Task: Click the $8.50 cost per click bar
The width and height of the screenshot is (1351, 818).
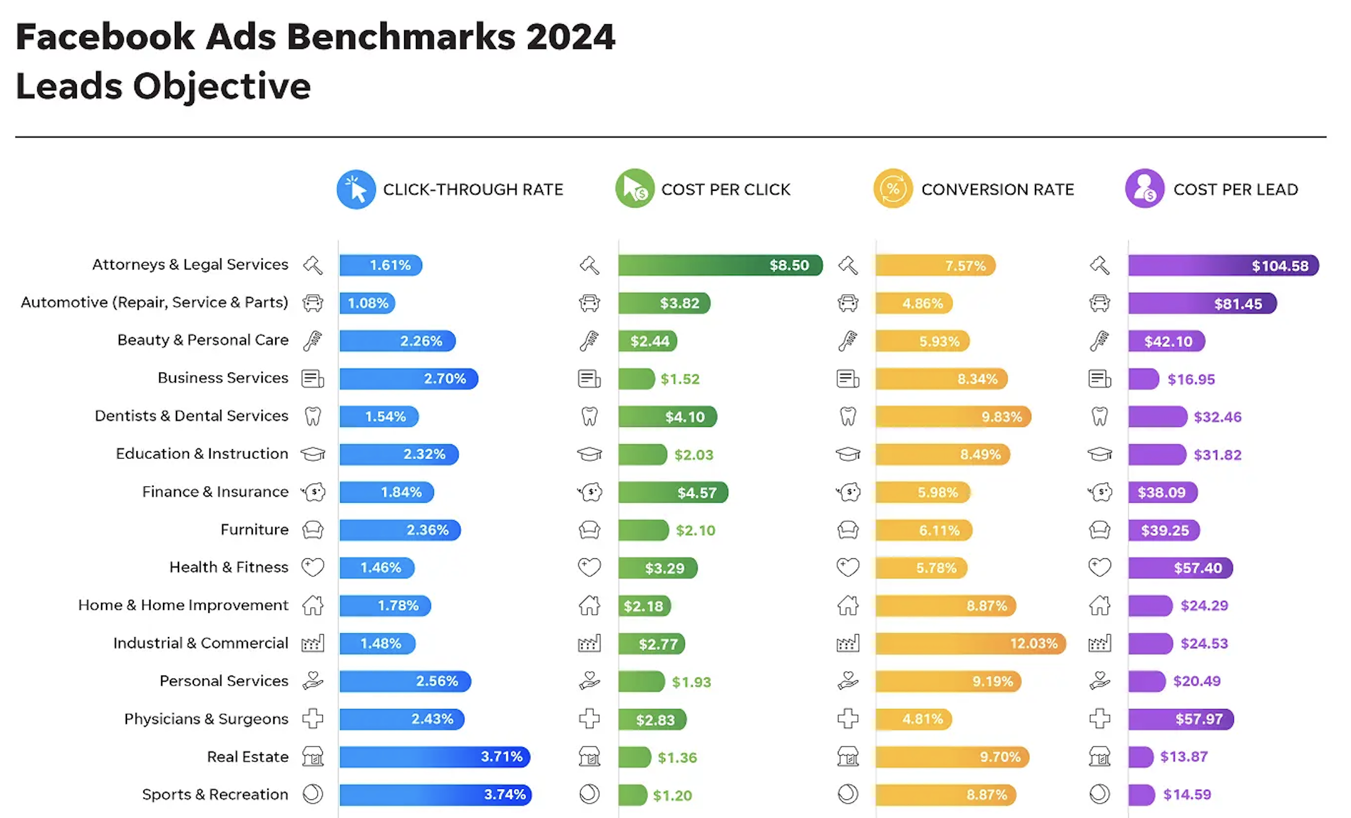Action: pyautogui.click(x=720, y=265)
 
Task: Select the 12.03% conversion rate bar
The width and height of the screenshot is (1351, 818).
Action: pyautogui.click(x=970, y=643)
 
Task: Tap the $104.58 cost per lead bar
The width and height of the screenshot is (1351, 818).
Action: pyautogui.click(x=1223, y=266)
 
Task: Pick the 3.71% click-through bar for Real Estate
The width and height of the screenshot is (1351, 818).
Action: pyautogui.click(x=434, y=757)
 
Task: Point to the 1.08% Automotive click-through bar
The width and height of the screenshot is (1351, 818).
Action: pyautogui.click(x=367, y=303)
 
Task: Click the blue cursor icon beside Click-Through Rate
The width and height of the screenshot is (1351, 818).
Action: pyautogui.click(x=356, y=190)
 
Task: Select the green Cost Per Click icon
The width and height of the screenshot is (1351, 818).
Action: pyautogui.click(x=635, y=188)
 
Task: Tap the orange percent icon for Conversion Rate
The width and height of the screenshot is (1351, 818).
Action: pyautogui.click(x=893, y=188)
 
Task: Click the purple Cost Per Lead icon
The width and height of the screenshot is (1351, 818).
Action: pyautogui.click(x=1145, y=188)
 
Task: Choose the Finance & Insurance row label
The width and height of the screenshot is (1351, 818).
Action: pyautogui.click(x=215, y=492)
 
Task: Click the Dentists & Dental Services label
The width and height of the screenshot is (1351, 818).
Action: pyautogui.click(x=191, y=416)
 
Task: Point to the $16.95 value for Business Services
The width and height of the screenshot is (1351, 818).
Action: pyautogui.click(x=1191, y=379)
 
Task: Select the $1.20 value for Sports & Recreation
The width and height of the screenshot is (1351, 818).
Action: pyautogui.click(x=672, y=795)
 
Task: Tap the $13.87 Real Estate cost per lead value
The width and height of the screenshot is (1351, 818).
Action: pyautogui.click(x=1184, y=757)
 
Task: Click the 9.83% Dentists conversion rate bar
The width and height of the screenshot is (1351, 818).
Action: pyautogui.click(x=953, y=416)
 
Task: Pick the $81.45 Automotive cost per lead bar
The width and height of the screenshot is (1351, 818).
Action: pyautogui.click(x=1202, y=304)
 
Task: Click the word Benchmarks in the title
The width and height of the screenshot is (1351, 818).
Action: pyautogui.click(x=401, y=37)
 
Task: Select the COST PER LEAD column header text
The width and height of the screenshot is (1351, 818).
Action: pyautogui.click(x=1236, y=190)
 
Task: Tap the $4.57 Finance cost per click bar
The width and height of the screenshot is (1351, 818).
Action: pyautogui.click(x=673, y=493)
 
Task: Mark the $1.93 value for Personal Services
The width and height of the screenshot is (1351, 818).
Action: pyautogui.click(x=692, y=682)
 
